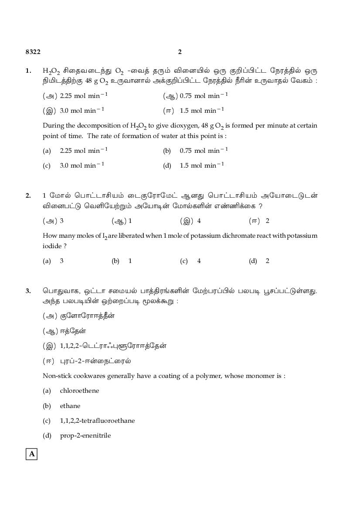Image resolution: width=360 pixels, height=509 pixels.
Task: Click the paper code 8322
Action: (x=33, y=52)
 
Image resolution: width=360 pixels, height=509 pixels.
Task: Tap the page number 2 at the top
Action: (x=180, y=52)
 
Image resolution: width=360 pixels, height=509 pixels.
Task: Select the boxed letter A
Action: (x=31, y=455)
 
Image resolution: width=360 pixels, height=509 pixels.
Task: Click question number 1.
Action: (x=28, y=71)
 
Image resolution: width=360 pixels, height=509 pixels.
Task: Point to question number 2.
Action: (x=28, y=196)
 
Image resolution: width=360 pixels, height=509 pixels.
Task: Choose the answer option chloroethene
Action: (x=79, y=391)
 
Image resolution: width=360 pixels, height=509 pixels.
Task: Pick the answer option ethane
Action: (x=70, y=406)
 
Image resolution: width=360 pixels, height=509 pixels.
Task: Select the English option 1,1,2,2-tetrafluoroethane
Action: (x=97, y=421)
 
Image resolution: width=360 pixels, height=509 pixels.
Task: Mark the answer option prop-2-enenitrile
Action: (x=85, y=435)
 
